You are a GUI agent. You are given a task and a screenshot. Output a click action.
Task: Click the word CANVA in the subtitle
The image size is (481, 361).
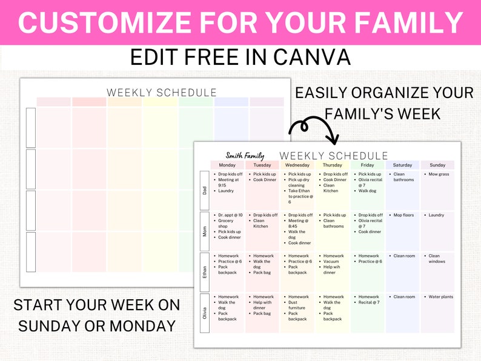(311, 57)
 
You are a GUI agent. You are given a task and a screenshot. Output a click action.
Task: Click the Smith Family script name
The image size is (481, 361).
(245, 156)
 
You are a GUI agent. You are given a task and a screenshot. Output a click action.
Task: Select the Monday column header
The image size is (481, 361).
(227, 165)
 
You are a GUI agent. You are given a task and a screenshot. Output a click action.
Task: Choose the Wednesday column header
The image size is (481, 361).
(297, 165)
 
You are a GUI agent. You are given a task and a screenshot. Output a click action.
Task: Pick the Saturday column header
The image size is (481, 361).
(402, 165)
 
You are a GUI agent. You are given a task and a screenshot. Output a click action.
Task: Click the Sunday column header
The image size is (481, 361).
(437, 165)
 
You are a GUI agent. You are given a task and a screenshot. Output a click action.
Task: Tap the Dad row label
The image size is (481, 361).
(205, 190)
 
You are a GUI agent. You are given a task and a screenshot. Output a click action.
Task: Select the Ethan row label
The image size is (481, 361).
(205, 272)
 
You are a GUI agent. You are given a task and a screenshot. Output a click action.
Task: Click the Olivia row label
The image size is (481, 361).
(205, 313)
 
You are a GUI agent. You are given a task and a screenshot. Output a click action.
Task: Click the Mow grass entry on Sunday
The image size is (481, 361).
(439, 174)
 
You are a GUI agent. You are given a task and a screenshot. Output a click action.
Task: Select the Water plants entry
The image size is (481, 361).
(440, 297)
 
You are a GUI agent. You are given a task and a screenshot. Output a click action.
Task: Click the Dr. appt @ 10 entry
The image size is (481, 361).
(230, 215)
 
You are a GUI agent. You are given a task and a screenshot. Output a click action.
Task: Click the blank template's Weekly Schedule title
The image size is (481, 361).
(162, 93)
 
